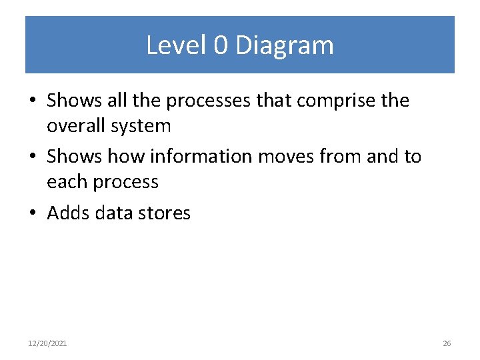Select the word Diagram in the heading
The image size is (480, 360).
(284, 45)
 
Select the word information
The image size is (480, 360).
(201, 157)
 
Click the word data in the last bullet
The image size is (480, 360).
(114, 213)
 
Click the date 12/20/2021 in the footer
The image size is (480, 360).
(47, 343)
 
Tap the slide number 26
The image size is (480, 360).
(447, 343)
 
